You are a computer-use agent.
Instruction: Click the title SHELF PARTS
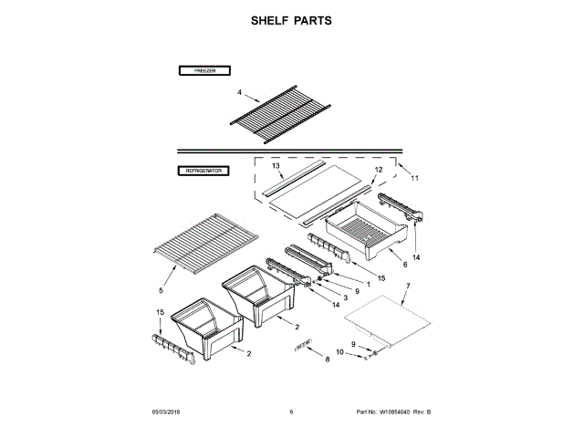(291, 20)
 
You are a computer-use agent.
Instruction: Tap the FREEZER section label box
(203, 70)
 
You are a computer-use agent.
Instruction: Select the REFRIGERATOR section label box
(203, 171)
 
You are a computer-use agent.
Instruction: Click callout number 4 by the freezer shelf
(239, 93)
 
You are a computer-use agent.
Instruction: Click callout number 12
(378, 171)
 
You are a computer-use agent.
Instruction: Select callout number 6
(403, 264)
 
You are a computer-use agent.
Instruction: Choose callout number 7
(408, 287)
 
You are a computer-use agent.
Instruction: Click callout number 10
(339, 352)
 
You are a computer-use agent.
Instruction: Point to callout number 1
(368, 284)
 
